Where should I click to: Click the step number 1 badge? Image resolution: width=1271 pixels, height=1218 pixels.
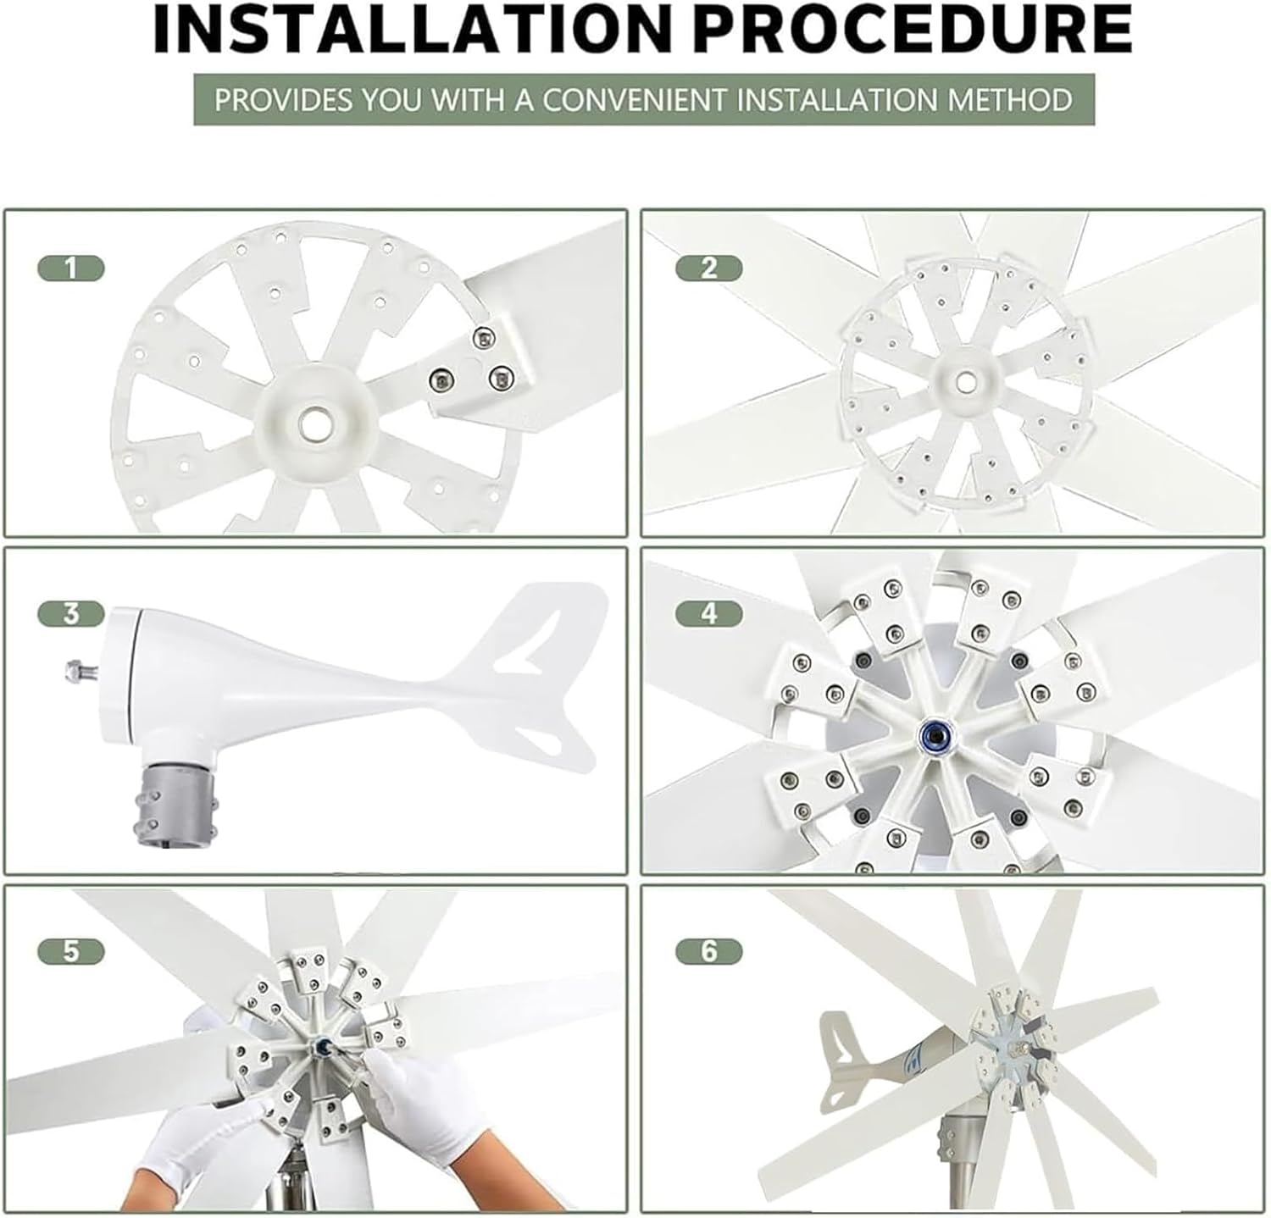[71, 269]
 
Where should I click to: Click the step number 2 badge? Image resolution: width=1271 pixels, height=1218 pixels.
[708, 269]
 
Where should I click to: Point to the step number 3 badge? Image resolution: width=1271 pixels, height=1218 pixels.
[71, 613]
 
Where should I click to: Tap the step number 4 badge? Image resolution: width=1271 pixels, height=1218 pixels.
[708, 613]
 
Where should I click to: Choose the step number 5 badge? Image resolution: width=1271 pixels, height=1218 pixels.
[71, 951]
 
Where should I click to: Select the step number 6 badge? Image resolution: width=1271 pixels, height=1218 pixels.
[708, 951]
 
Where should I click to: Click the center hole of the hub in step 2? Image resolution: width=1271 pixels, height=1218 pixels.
[963, 384]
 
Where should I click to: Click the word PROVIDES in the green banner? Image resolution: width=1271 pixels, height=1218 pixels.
[280, 100]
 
